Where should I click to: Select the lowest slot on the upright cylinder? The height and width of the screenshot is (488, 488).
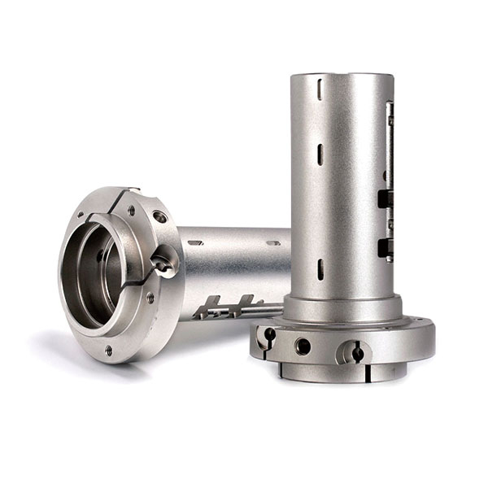pos(320,268)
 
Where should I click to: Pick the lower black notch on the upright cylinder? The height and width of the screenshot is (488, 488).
pos(381,246)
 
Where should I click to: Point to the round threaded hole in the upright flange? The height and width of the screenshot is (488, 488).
pos(303,346)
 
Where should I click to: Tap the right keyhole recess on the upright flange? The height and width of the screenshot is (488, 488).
pos(356,351)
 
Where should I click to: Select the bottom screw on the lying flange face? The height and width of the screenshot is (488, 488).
pos(109,350)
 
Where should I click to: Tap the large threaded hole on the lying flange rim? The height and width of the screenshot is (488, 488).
pos(160,217)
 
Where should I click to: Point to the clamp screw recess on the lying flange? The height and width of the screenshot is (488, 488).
pos(166,264)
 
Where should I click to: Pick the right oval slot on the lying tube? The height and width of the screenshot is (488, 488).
pos(273,242)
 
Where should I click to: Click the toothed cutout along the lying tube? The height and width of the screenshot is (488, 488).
pos(232,307)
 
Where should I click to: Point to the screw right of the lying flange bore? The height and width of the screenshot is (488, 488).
pos(150,298)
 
